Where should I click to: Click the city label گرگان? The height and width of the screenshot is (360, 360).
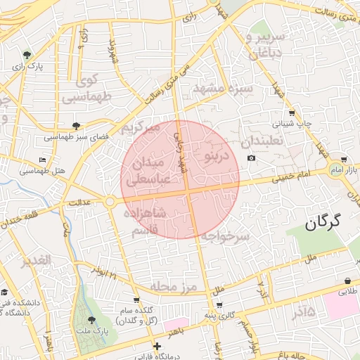click(x=323, y=223)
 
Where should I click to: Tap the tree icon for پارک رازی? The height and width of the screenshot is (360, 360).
click(x=27, y=54)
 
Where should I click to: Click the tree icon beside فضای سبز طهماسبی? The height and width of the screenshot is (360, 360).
click(x=76, y=127)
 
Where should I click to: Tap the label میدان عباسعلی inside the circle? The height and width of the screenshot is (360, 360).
click(x=148, y=171)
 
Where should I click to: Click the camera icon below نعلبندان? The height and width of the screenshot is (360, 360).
click(x=252, y=158)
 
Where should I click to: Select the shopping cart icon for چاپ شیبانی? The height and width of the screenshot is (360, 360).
click(x=291, y=112)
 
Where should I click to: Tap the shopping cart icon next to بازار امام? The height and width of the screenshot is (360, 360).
click(x=343, y=160)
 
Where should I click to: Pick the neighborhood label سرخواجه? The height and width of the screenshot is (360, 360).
click(x=225, y=238)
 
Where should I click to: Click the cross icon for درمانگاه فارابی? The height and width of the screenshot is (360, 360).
click(x=156, y=345)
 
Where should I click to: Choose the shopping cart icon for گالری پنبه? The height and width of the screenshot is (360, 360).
click(x=220, y=305)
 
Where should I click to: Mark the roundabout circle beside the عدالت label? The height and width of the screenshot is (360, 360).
click(x=110, y=201)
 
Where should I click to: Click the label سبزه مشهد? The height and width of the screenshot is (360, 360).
click(x=221, y=89)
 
